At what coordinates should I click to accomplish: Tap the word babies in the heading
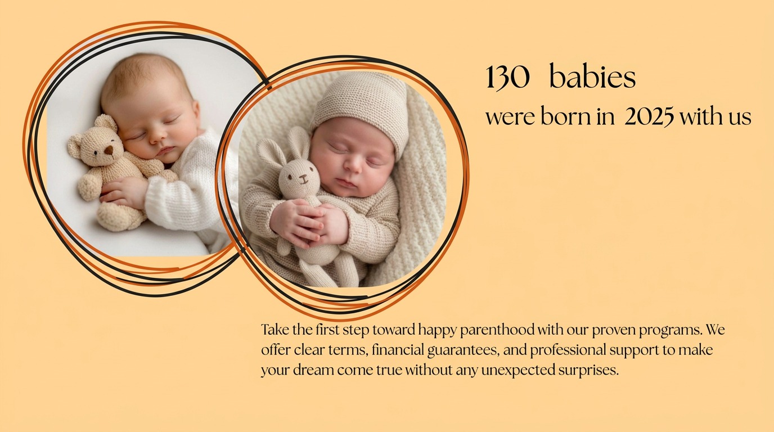[592, 76]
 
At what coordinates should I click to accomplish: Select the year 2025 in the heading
[649, 117]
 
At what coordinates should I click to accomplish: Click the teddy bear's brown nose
[109, 150]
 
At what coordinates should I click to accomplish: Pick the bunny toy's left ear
[271, 152]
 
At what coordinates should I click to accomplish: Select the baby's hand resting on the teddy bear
[123, 193]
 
